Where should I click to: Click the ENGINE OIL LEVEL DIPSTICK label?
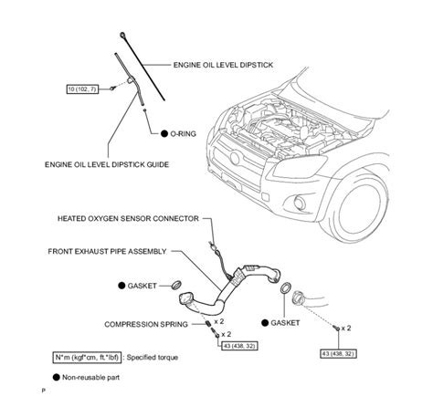coord(223,65)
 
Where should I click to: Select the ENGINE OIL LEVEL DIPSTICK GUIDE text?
coord(107,164)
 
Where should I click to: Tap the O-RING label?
coord(183,134)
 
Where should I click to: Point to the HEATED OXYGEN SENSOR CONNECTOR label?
coord(128,218)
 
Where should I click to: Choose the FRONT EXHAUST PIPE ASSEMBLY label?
coord(107,252)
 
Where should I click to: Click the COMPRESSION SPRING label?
coord(146,325)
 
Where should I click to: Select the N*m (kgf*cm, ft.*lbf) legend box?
coord(87,357)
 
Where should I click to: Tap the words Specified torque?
coord(153,357)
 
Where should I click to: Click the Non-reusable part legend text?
coord(90,378)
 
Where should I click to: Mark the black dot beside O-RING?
coord(164,133)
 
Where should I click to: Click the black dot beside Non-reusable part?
coord(57,377)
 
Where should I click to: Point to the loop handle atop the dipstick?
coord(122,35)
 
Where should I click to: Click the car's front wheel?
coord(355,207)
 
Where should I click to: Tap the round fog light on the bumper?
coord(300,203)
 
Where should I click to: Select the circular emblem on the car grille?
coord(235,159)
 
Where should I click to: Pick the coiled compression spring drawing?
coord(207,324)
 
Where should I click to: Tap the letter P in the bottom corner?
coord(43,391)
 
